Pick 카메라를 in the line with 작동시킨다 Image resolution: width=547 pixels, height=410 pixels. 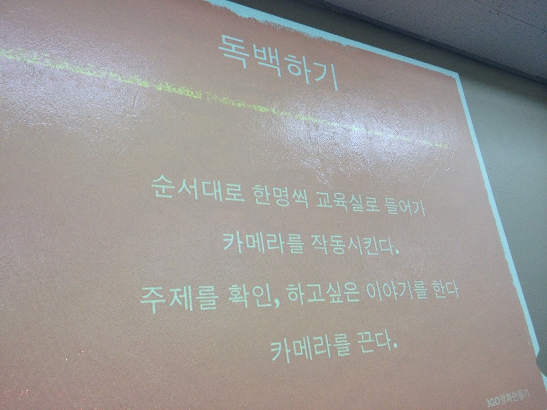click(x=263, y=241)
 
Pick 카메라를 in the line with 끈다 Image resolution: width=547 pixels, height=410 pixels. click(x=310, y=346)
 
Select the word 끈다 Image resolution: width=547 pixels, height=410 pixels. click(x=372, y=342)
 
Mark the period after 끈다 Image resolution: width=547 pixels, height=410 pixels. click(x=395, y=346)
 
